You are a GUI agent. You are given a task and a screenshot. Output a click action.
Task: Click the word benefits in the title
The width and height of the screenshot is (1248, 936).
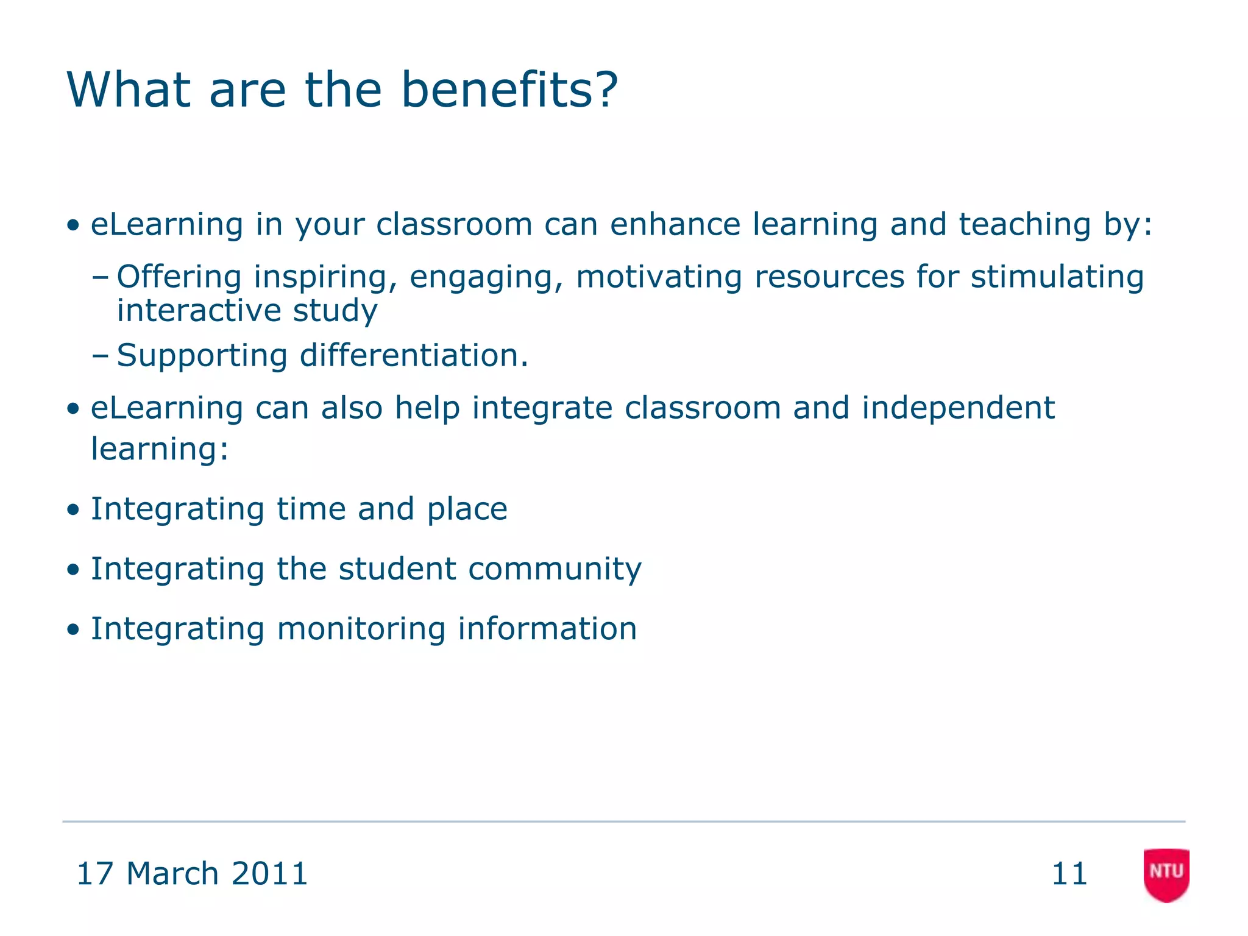tap(509, 90)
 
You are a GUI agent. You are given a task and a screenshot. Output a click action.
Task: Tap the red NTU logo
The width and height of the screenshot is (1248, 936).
tap(1166, 874)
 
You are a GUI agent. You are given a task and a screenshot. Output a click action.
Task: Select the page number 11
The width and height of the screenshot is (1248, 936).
tap(1069, 874)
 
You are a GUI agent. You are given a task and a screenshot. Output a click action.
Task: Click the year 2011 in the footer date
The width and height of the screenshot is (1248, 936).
tap(270, 874)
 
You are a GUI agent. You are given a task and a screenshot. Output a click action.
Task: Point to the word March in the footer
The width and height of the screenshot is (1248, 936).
tap(172, 874)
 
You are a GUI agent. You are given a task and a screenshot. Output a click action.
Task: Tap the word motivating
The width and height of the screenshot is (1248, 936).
tap(659, 277)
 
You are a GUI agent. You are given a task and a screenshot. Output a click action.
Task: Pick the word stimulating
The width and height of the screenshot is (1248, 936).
tap(1057, 277)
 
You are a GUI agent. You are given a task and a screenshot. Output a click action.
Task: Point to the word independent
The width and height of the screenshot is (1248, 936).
tap(958, 408)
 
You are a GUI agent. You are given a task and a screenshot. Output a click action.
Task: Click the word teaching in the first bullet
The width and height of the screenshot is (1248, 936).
tap(1025, 224)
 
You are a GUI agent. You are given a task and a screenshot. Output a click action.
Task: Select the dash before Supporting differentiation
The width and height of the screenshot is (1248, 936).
tap(101, 356)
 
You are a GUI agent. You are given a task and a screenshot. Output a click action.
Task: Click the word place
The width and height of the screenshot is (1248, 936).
tap(467, 509)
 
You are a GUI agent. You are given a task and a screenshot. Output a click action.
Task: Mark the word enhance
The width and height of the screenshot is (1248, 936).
tap(675, 224)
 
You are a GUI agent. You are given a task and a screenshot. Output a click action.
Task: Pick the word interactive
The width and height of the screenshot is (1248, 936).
tap(199, 311)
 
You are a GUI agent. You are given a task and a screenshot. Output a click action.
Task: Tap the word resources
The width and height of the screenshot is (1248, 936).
tap(829, 277)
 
